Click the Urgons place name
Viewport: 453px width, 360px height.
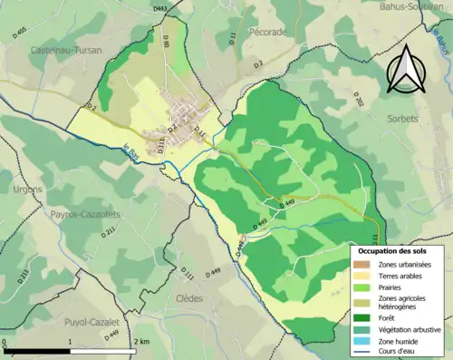point(26,189)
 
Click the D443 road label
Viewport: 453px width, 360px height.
point(160,8)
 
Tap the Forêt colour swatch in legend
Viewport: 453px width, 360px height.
point(364,317)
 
